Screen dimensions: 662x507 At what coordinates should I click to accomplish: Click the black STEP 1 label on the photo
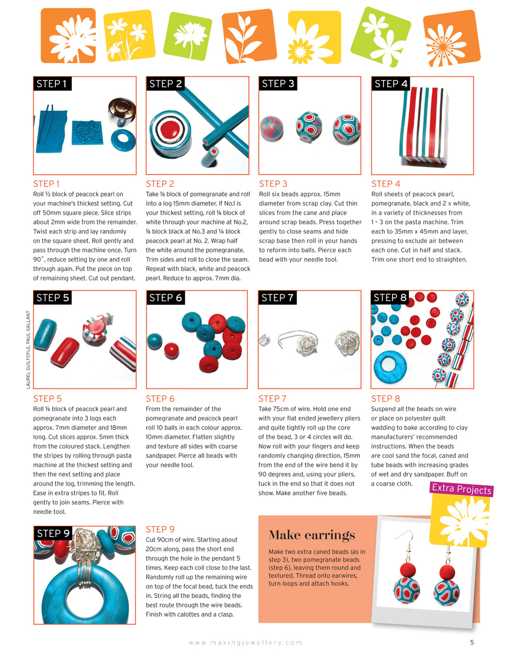pos(52,84)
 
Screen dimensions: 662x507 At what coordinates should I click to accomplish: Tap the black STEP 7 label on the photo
pos(277,298)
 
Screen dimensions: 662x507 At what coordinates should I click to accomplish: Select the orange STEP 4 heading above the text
pos(386,184)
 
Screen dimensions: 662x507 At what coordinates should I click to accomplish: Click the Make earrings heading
pos(312,535)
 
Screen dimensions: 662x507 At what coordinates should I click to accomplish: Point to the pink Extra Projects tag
pos(462,489)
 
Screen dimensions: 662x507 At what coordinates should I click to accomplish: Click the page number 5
pos(472,642)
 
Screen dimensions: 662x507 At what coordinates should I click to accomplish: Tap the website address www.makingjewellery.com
pos(245,642)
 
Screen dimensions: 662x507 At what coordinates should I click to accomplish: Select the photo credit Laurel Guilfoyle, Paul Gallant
pos(28,350)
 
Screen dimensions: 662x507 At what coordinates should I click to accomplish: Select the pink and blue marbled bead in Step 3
pos(274,128)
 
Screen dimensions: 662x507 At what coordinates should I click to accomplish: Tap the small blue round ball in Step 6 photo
pos(154,341)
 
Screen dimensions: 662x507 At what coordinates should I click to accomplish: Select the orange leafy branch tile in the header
pos(248,35)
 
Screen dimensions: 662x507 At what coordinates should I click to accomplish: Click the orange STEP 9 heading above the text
pos(160,529)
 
